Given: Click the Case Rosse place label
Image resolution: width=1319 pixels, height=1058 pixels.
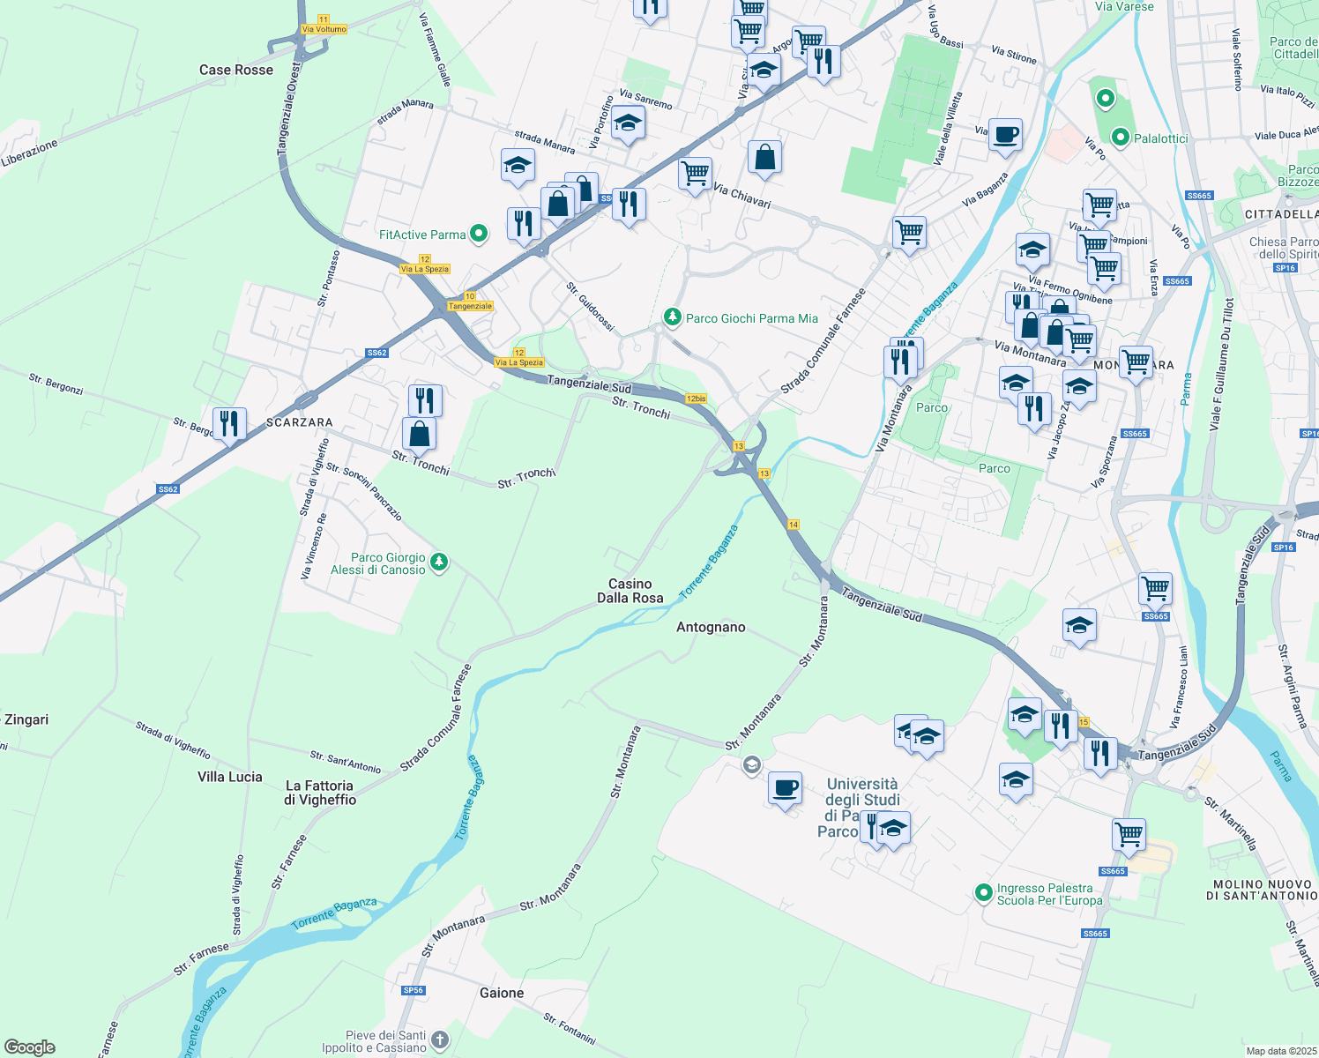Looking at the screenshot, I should (235, 70).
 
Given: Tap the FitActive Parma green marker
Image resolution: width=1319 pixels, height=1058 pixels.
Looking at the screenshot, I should (479, 234).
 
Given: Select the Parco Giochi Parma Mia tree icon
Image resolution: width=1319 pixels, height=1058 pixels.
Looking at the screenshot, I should (673, 317).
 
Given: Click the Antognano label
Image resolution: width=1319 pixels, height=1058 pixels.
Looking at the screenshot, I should (711, 627).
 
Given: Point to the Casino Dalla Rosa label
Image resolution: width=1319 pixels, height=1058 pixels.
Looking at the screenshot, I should (630, 591).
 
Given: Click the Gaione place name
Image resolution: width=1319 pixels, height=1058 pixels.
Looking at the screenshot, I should (502, 993).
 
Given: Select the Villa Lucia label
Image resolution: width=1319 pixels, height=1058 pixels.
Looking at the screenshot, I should (229, 777).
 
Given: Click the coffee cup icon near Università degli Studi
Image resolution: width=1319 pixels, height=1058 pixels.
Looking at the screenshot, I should (784, 786).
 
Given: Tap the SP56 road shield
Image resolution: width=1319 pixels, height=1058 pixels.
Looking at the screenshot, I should (413, 990).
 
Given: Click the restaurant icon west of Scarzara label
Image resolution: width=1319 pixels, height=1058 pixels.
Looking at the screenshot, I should (229, 423).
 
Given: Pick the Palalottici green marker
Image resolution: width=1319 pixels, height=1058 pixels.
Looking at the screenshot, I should (1121, 138).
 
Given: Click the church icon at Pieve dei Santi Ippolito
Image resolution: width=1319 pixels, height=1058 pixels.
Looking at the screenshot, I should (439, 1040).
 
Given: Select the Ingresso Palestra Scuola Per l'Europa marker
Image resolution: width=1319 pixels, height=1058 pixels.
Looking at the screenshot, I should (983, 893).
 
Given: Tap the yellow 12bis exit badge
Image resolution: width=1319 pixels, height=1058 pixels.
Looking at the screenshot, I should (696, 399).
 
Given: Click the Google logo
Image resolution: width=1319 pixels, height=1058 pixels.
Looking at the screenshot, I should (29, 1047).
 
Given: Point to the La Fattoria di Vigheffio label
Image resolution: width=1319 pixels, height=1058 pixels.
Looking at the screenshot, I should (320, 793).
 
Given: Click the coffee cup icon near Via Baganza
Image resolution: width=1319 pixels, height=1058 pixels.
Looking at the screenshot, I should (1005, 135).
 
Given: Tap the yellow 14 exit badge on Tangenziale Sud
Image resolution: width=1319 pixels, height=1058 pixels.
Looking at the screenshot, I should (794, 525).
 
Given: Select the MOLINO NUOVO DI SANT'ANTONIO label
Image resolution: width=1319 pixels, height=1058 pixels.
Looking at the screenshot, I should (1262, 890).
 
